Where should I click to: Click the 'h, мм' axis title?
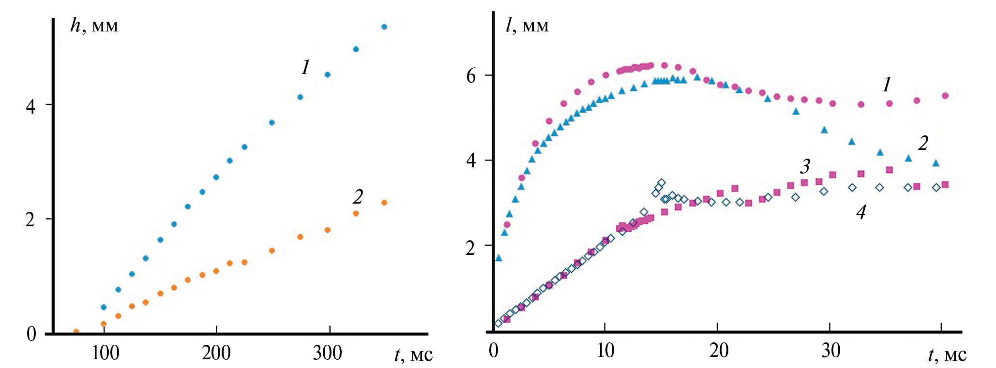[94, 26]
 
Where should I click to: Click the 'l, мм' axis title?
[527, 26]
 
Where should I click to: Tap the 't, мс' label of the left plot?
[413, 355]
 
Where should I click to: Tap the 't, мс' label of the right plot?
[947, 355]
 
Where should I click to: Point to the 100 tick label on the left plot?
[105, 353]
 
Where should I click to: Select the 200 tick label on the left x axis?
[216, 353]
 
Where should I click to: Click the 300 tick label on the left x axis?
[327, 353]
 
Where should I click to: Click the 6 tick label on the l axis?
[471, 76]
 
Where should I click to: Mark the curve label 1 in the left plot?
[305, 67]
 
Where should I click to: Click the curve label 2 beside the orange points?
[358, 197]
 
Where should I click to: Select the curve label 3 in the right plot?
[804, 167]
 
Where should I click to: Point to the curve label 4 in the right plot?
[860, 212]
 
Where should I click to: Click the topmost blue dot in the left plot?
[384, 27]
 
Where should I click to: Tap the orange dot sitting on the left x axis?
[76, 332]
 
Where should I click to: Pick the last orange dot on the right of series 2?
[384, 203]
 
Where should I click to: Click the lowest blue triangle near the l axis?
[498, 258]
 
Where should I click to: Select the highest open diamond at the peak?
[662, 183]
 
